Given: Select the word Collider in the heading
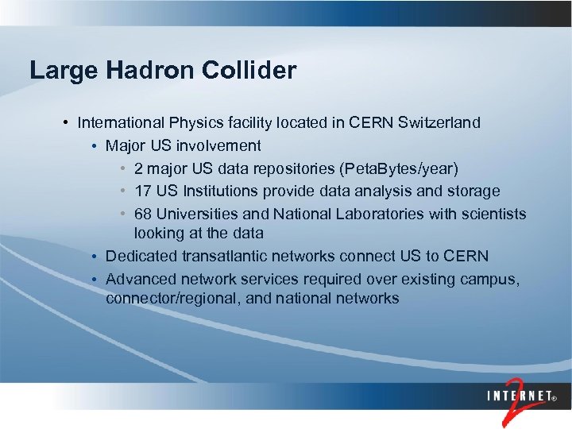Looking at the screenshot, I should coord(249,70).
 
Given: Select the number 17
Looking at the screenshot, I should coord(143,191).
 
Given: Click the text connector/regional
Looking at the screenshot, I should coord(168,299).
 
